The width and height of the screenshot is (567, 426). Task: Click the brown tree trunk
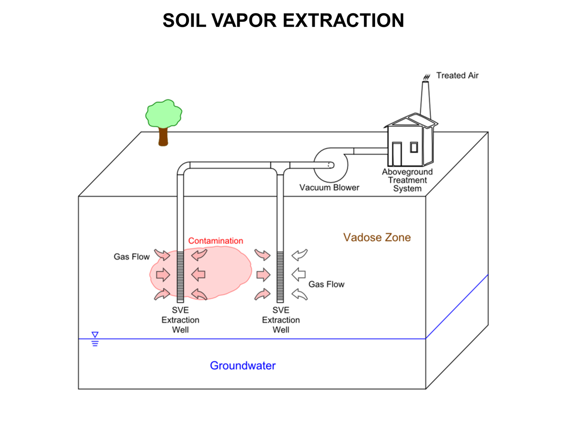coord(163,136)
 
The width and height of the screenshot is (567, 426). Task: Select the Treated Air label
coord(457,75)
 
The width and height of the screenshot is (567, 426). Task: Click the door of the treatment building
coord(396,153)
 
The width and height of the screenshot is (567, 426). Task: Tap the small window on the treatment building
coord(414,147)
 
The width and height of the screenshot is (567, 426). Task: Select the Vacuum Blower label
coord(329,187)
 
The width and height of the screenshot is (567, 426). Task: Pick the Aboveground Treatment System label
coord(407,180)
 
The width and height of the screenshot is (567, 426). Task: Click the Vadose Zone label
coord(377,237)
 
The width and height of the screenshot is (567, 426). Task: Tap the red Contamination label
coord(215,241)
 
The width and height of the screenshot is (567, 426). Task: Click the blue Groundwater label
coord(242,365)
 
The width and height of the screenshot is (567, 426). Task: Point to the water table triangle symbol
coord(95,335)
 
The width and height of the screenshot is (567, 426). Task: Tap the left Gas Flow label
coord(131,257)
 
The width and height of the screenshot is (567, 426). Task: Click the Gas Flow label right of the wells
coord(326,284)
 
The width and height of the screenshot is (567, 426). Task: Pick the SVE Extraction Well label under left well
coord(180,320)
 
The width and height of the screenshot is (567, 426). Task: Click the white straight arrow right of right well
coord(299,274)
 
